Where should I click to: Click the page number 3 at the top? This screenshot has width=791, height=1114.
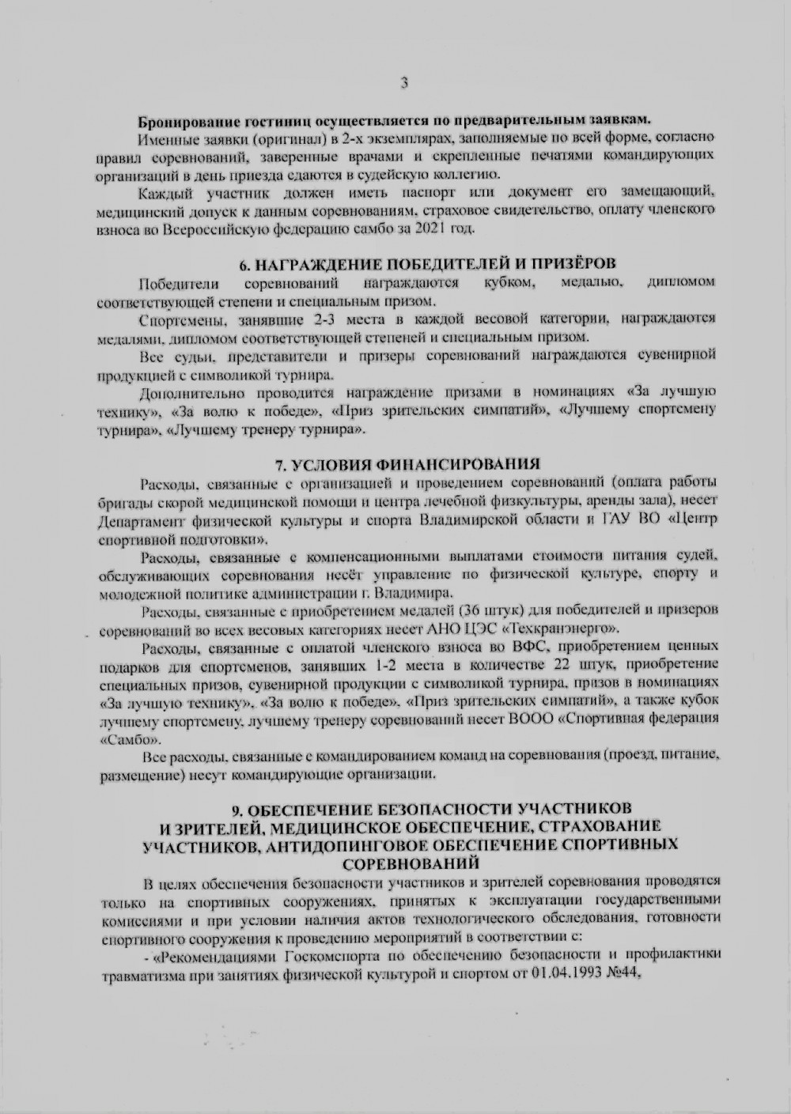click(404, 81)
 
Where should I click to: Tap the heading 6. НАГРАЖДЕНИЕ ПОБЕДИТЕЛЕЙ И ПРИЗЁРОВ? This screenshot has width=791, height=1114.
click(428, 264)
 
